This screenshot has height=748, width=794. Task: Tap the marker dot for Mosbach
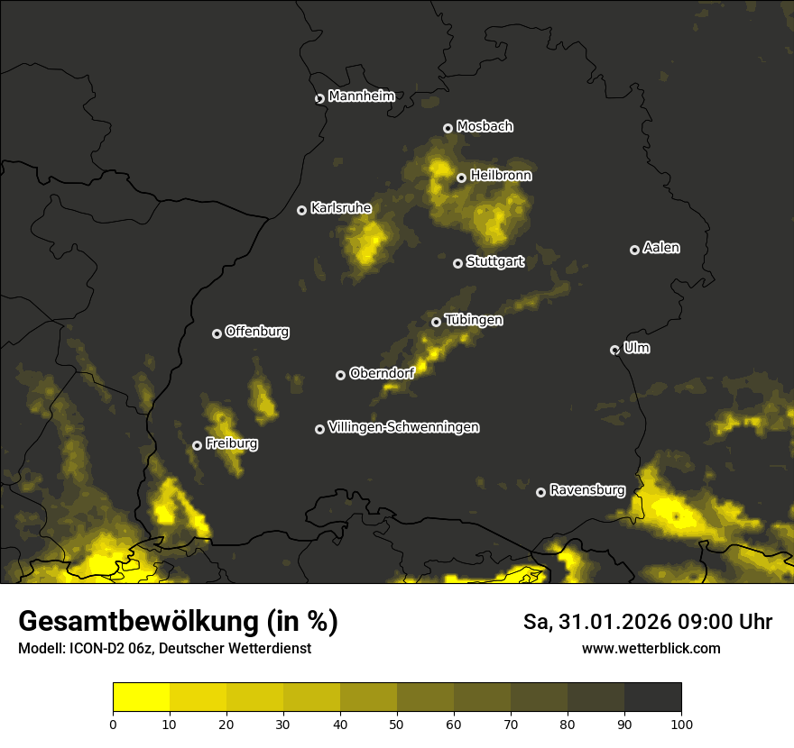click(448, 128)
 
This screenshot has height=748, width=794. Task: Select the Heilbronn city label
click(501, 176)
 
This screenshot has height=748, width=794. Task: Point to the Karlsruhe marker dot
click(301, 210)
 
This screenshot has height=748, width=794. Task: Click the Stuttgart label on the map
click(495, 262)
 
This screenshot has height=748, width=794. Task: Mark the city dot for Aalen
click(634, 250)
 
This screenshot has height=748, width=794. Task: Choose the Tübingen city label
click(474, 320)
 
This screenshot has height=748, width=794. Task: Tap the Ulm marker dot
click(614, 350)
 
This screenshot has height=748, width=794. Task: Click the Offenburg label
click(257, 332)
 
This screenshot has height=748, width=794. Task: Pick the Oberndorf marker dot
click(340, 375)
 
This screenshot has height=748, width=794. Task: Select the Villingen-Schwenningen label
click(404, 427)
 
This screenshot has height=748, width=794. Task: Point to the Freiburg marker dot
click(197, 445)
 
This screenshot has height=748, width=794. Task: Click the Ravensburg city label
click(587, 490)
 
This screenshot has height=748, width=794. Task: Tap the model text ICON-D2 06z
click(109, 649)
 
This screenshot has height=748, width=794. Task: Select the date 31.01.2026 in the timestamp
click(606, 622)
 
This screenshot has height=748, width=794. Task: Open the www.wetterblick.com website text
click(651, 649)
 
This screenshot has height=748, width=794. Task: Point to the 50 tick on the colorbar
click(397, 723)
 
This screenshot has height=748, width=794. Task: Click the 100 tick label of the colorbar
click(681, 723)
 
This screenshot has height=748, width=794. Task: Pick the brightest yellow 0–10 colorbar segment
click(141, 697)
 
